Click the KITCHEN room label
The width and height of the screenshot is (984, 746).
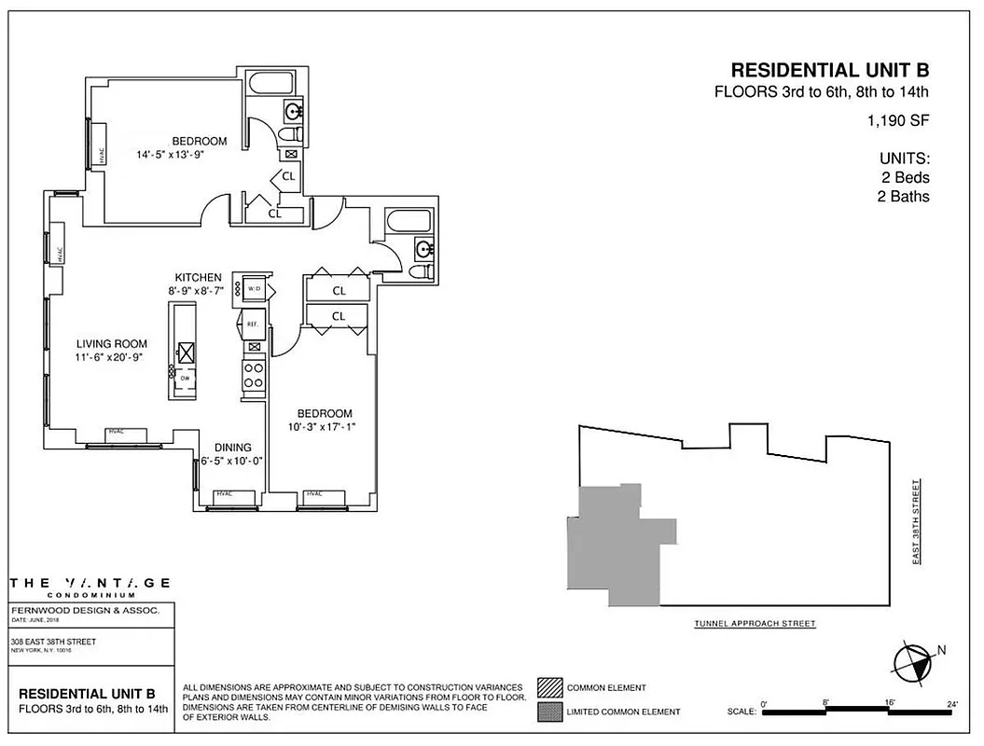[x=198, y=278]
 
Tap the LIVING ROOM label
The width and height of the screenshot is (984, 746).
[x=111, y=344]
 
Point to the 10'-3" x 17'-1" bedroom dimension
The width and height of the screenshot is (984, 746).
[x=324, y=427]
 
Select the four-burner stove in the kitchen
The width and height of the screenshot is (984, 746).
[x=253, y=375]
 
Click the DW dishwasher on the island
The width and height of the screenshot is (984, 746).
[x=185, y=378]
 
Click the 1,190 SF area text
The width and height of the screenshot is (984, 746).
[x=897, y=120]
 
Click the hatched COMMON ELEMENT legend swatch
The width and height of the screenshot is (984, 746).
[x=548, y=688]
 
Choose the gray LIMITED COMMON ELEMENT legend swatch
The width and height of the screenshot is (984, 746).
[x=548, y=711]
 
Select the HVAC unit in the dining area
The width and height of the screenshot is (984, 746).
[x=224, y=494]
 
